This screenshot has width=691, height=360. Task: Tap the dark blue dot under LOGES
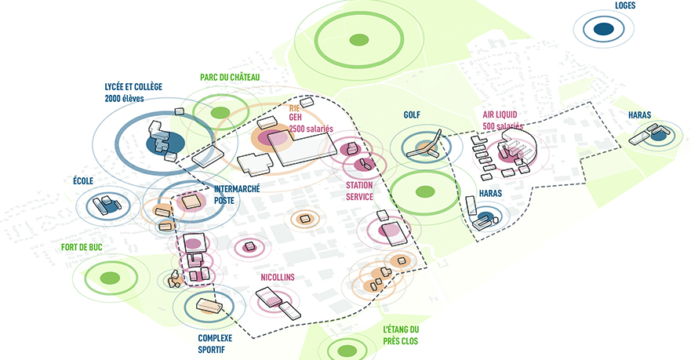[x=602, y=30]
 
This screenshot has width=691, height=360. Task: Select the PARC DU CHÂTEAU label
[x=229, y=77]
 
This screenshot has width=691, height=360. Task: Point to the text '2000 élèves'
[x=124, y=99]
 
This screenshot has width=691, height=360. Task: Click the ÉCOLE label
[x=82, y=181]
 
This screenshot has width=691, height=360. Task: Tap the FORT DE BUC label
[x=82, y=248]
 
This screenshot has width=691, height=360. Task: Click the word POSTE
[x=225, y=199]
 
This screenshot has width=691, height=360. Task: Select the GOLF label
[x=412, y=115]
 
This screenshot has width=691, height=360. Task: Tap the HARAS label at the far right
[x=639, y=115]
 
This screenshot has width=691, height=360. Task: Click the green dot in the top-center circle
[x=358, y=39]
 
